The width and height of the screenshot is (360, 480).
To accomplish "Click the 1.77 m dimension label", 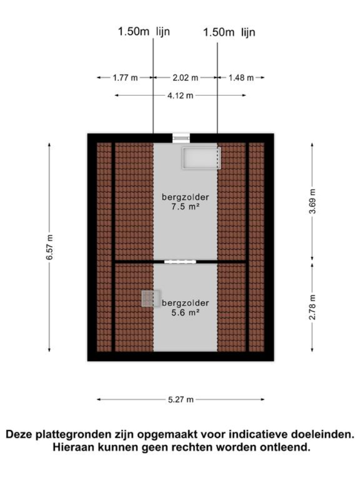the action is pos(125,78).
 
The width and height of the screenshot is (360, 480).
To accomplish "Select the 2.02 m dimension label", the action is pos(185,78).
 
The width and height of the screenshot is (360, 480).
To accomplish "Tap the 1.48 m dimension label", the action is pos(241,78).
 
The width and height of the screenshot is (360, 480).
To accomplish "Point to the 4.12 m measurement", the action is pos(180,96).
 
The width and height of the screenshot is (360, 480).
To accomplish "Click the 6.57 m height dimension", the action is pos(49,247).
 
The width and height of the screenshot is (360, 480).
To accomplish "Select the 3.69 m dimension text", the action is pos(312,201).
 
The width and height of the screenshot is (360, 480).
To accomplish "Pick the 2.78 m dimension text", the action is pos(312,307).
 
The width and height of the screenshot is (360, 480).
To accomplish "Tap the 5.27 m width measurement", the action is pos(181,399).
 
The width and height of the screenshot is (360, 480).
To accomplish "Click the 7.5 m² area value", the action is pos(185,207).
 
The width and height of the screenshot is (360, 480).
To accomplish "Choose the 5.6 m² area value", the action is pos(185,312).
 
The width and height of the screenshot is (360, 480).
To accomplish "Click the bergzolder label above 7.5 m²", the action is pos(185,197).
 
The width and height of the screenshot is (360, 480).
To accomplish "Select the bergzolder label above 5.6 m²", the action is pos(185,303).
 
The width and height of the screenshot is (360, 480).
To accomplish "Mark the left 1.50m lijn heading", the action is pos(144,31).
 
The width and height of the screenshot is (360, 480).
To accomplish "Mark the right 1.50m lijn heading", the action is pos(229,32).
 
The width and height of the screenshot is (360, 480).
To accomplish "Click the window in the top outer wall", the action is pos(181,138).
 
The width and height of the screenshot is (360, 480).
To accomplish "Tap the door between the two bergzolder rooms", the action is pos(180,262).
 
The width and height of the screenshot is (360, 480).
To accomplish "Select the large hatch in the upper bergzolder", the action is pos(201,158).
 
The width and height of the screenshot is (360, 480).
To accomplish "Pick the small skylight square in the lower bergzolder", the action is pos(151,299).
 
